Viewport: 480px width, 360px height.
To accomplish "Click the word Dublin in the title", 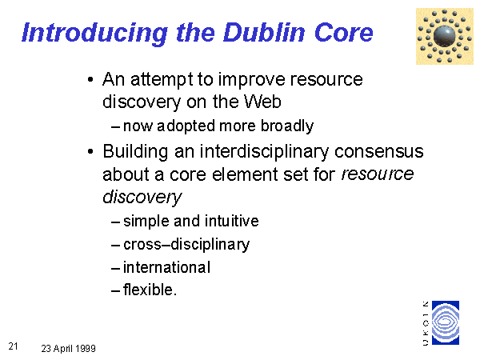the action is pos(264,33).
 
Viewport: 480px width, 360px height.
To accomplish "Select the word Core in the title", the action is pos(344,33).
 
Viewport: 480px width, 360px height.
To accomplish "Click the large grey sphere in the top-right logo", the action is pos(445,36).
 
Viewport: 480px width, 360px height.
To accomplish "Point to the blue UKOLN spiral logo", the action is pos(446,322).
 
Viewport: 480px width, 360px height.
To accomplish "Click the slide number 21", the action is pos(13,346).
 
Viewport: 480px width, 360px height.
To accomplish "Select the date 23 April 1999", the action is pos(68,348).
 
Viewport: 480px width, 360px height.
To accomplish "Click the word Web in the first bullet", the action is pos(262,102).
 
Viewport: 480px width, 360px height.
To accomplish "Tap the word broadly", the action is pos(287,126).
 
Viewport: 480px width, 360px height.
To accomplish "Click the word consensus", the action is pos(379,151).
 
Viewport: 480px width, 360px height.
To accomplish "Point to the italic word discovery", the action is pos(142,197).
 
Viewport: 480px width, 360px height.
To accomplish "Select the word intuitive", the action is pos(231,221).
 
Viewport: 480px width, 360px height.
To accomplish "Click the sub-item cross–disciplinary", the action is pos(186,245).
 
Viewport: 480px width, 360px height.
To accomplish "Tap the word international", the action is pos(166,267).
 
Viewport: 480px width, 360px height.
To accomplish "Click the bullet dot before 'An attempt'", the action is pos(90,79).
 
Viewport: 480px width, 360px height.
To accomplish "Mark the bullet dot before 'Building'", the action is pos(90,151).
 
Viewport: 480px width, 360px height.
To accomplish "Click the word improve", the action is pos(252,80).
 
